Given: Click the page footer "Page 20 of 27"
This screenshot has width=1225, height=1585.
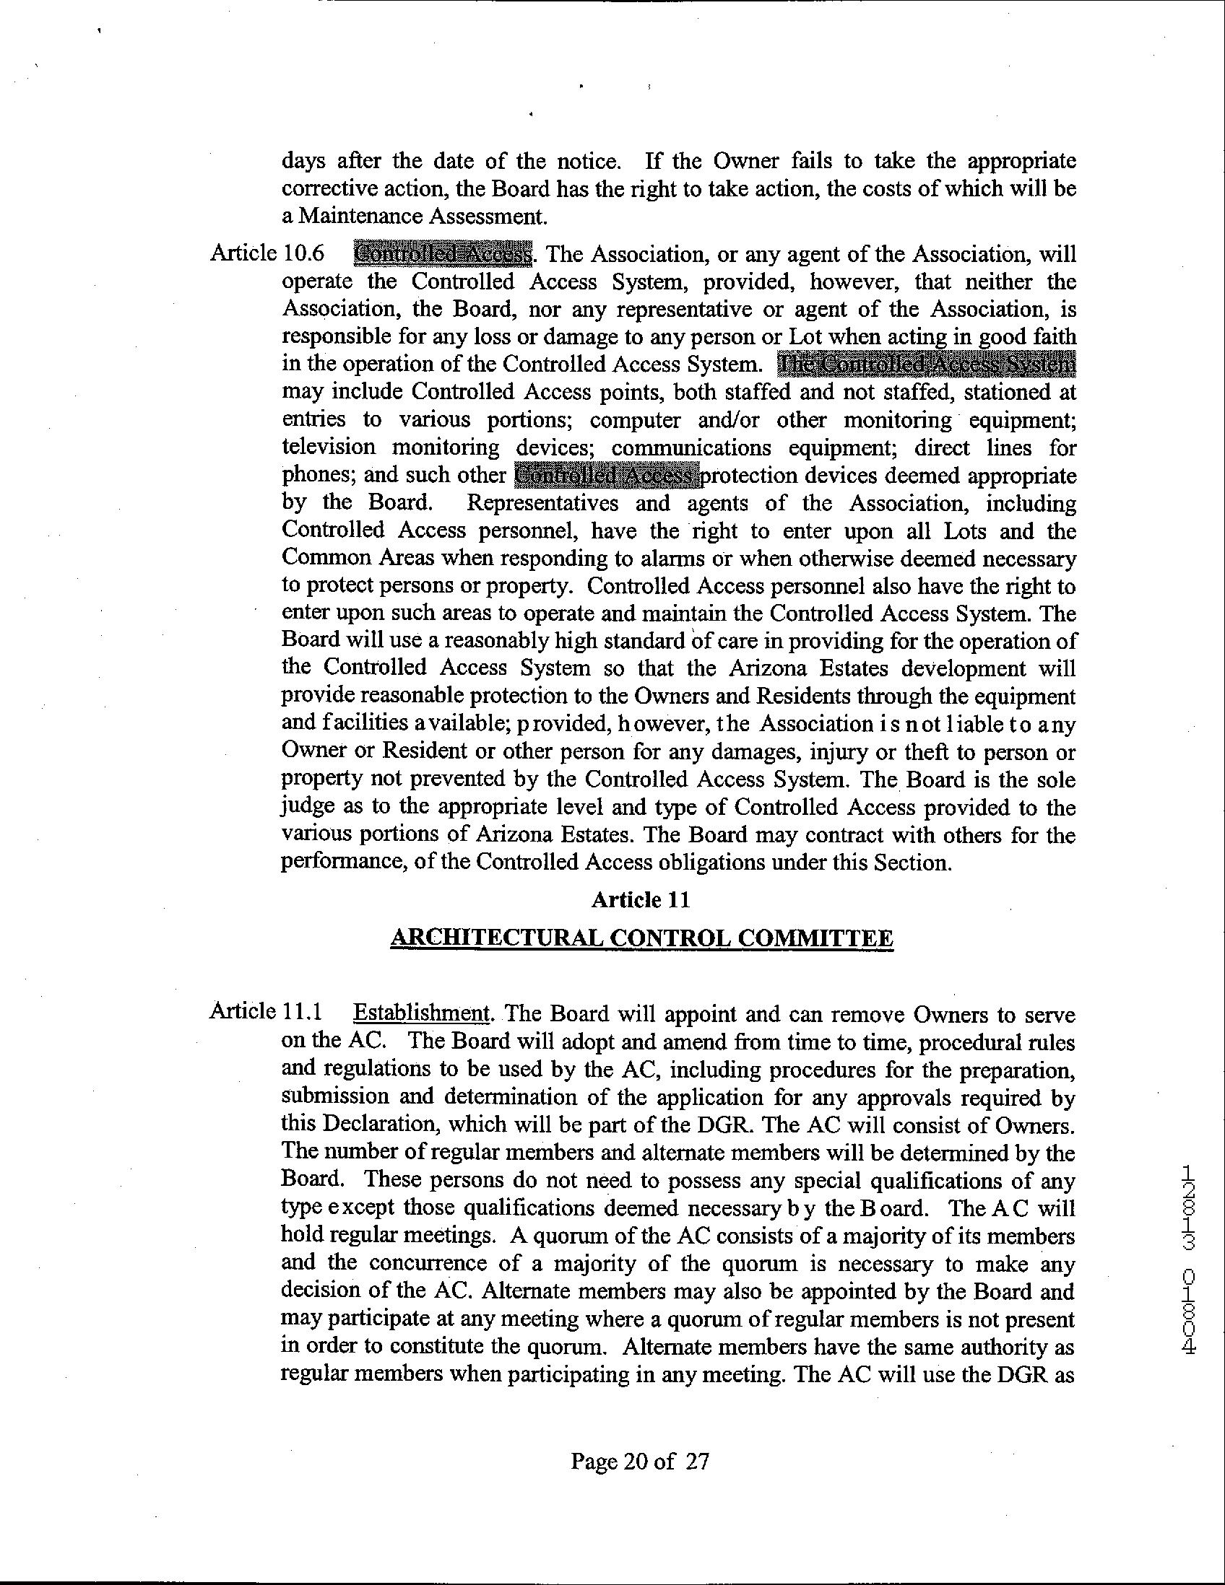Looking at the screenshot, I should coord(639,1460).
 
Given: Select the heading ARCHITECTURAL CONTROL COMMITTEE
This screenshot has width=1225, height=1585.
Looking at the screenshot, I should coord(642,938).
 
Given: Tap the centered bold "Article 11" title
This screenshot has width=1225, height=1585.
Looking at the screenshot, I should coord(641,900).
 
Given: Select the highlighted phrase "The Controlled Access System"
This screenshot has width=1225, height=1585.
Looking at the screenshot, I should coord(925,364).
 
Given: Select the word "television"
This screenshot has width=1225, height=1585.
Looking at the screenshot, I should coord(328,447).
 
